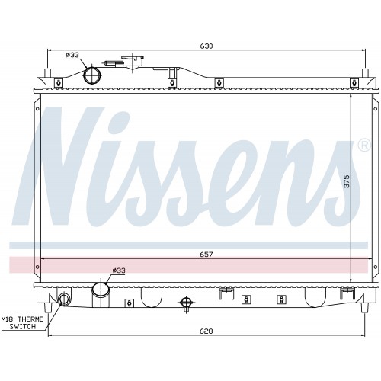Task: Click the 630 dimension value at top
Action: [207, 46]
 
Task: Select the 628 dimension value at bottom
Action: [207, 331]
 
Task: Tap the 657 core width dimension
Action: [206, 255]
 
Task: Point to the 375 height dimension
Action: [347, 181]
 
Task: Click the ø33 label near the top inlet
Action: [72, 55]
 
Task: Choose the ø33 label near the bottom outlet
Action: [119, 271]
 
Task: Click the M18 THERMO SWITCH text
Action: [23, 322]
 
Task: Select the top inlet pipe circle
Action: [92, 75]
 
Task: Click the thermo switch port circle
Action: [63, 299]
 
